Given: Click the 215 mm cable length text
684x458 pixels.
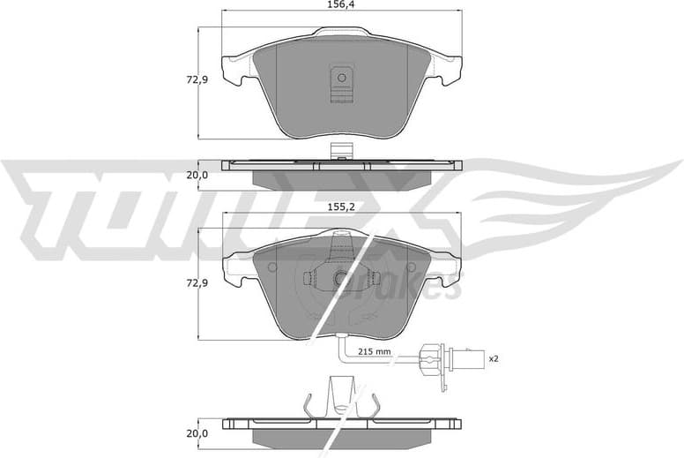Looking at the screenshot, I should pyautogui.click(x=374, y=351).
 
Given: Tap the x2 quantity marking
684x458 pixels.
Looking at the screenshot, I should pyautogui.click(x=494, y=358).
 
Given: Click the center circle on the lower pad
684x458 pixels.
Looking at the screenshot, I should pyautogui.click(x=341, y=279).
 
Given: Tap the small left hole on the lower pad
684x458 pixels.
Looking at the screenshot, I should pyautogui.click(x=271, y=267).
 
